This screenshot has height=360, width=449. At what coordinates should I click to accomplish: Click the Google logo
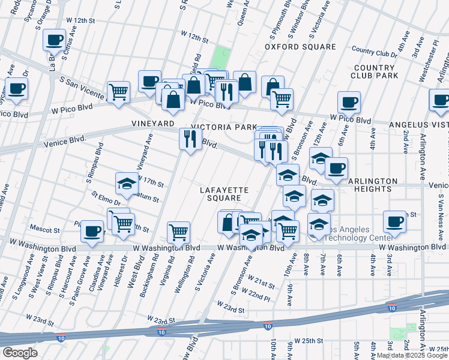[x=20, y=353]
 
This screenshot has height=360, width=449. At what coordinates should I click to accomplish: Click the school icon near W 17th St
[x=127, y=184]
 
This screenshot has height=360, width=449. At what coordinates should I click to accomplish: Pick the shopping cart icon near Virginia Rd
[x=178, y=232]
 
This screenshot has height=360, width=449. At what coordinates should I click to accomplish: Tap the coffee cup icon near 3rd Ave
[x=395, y=222]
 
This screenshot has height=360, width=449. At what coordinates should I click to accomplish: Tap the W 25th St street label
[x=309, y=340]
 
